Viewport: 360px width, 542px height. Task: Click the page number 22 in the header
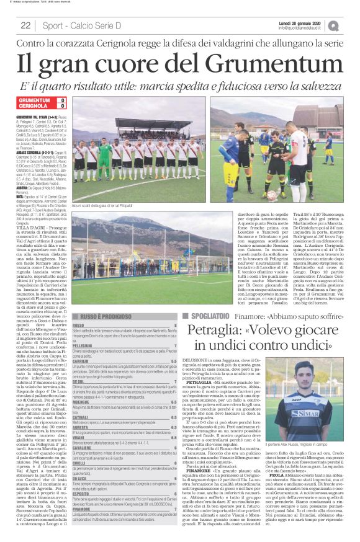(x=25, y=25)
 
